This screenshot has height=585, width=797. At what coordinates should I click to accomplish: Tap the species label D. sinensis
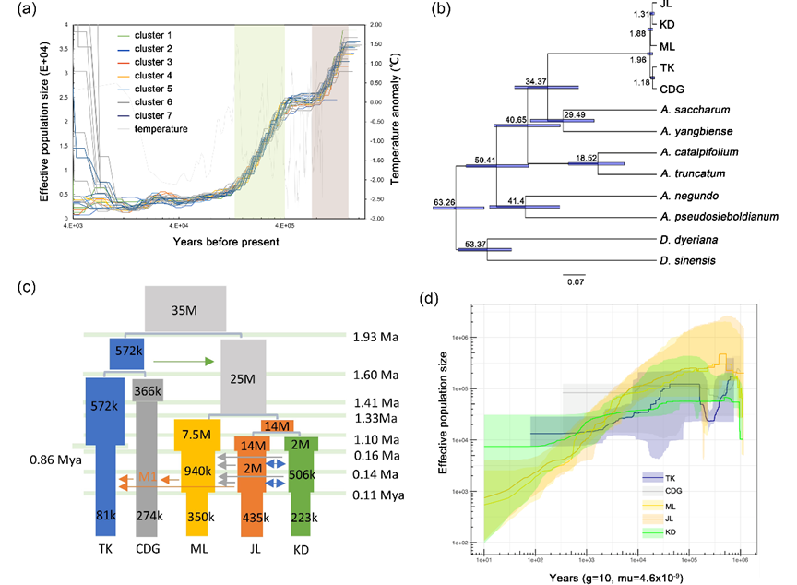(690, 260)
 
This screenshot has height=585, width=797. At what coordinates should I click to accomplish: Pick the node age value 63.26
(447, 200)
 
